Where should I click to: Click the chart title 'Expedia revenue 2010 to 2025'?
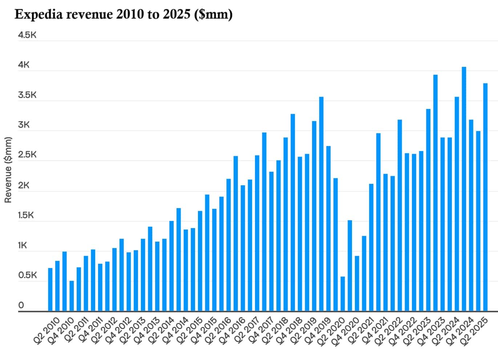(124, 15)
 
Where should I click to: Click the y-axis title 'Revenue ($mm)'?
(8, 170)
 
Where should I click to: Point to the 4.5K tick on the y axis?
(27, 35)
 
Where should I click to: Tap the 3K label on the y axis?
(24, 125)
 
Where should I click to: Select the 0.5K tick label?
(27, 275)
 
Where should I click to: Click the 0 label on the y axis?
(21, 305)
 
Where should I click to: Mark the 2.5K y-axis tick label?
(27, 155)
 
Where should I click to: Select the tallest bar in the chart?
(464, 189)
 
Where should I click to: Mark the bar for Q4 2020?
(357, 283)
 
